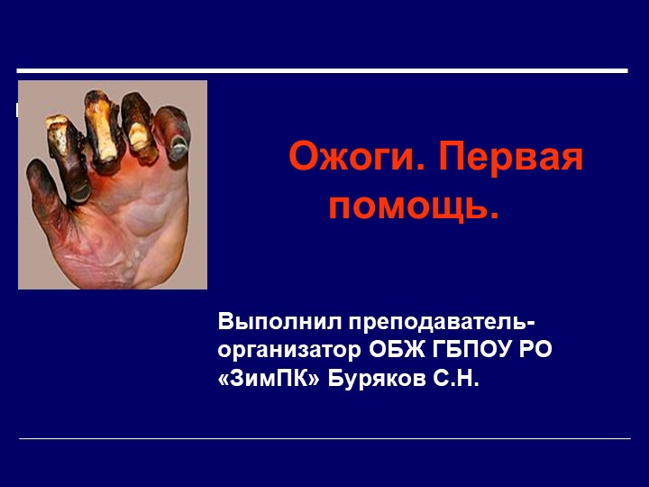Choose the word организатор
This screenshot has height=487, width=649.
[x=290, y=350]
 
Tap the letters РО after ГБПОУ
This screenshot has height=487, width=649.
[x=537, y=349]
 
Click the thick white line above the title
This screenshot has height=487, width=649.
[x=322, y=70]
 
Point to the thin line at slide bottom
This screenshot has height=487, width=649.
[x=324, y=439]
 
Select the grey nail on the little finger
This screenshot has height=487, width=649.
[x=178, y=142]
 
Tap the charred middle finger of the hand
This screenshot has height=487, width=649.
[x=102, y=135]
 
